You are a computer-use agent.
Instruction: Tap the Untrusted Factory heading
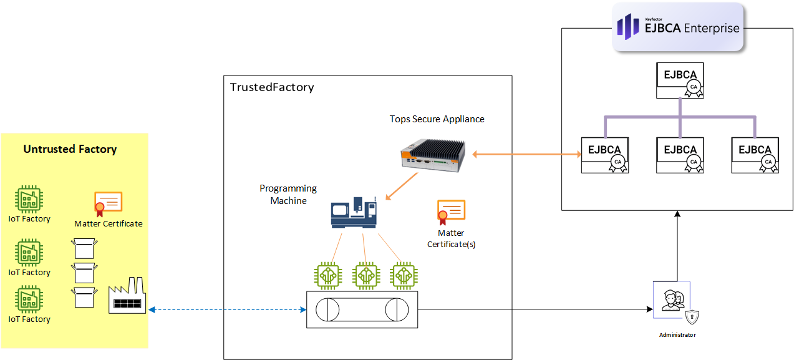70,149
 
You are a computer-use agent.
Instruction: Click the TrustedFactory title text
272,87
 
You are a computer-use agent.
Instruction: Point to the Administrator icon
672,300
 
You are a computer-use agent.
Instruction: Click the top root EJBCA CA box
680,80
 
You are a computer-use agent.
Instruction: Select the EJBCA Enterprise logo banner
678,27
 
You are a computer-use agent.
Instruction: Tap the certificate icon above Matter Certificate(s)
451,212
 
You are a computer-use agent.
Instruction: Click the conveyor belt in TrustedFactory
362,309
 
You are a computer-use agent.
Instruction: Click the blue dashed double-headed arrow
226,309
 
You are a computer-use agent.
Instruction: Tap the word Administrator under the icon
677,335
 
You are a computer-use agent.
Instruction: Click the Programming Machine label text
288,194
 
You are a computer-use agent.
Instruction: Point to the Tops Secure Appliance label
437,119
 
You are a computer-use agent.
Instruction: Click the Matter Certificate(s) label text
451,238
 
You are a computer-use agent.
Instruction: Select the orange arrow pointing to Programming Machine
403,187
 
